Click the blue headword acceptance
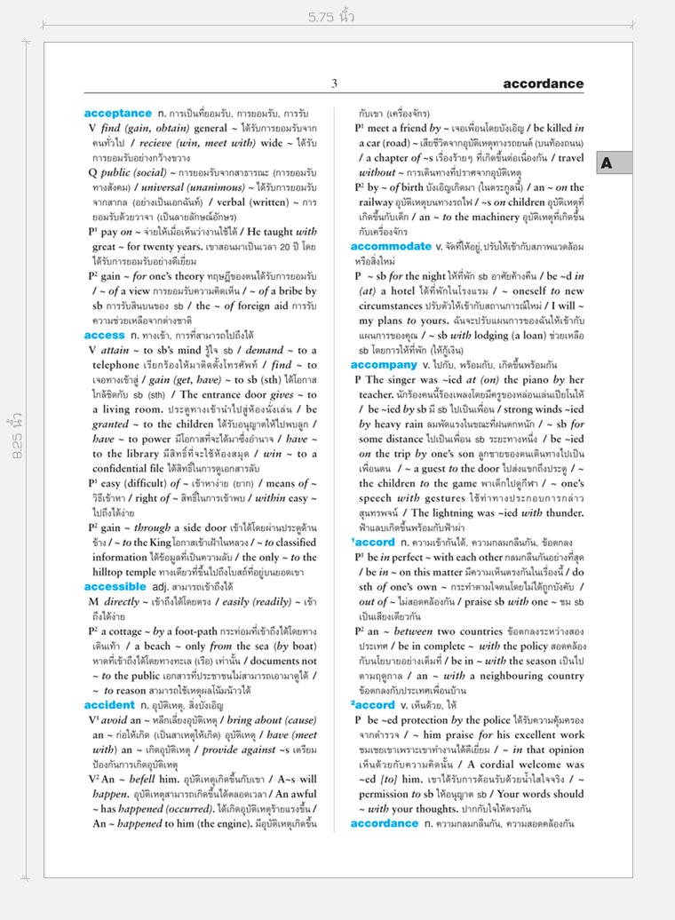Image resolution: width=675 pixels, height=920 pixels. (117, 114)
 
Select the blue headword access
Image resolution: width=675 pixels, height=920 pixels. (105, 335)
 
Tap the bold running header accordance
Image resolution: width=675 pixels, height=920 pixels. (543, 84)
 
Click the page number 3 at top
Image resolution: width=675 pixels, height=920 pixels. (335, 84)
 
